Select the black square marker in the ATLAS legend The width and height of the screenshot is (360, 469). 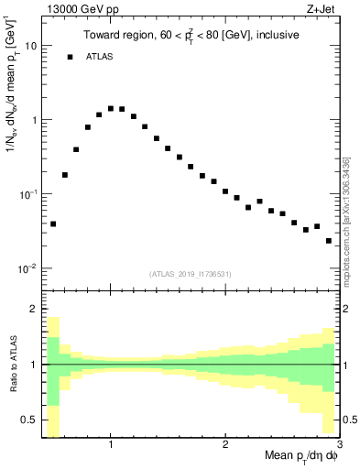pyautogui.click(x=70, y=57)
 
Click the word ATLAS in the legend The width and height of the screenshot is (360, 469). pyautogui.click(x=102, y=57)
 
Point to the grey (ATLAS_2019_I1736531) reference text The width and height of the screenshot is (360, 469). pyautogui.click(x=190, y=273)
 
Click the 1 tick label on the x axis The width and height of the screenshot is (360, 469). pyautogui.click(x=111, y=445)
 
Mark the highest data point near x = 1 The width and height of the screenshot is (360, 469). pyautogui.click(x=111, y=108)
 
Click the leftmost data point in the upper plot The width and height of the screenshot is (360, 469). pyautogui.click(x=53, y=224)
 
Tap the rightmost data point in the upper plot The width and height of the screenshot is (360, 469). pyautogui.click(x=329, y=241)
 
